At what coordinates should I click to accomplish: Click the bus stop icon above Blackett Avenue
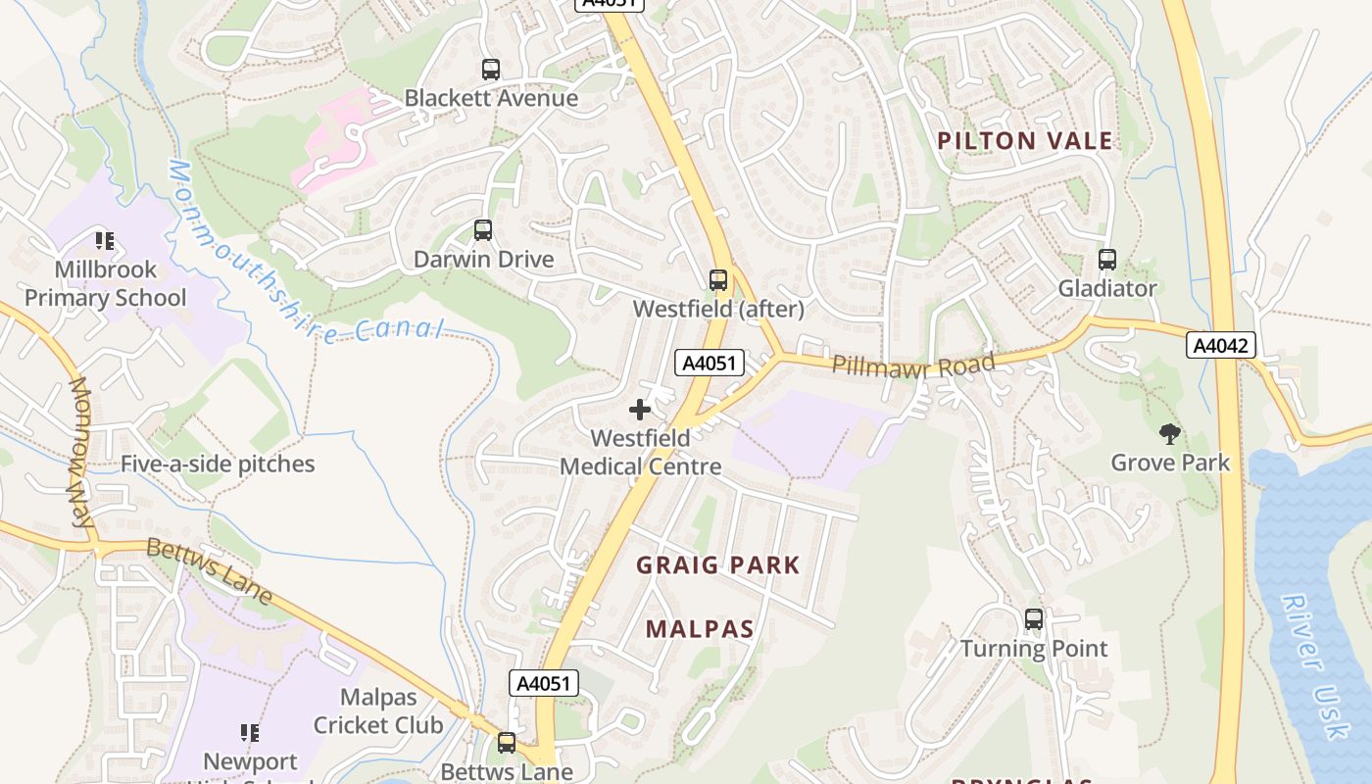[x=491, y=70]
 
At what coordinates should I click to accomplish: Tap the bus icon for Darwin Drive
[x=483, y=230]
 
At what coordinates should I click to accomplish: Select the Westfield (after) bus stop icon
[x=718, y=280]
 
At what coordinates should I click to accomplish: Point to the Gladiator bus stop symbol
[x=1107, y=260]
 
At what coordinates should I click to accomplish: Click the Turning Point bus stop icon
[x=1034, y=619]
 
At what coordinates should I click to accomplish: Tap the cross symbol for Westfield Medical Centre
[x=640, y=409]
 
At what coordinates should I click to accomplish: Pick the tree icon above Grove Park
[x=1169, y=433]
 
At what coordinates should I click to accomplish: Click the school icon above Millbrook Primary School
[x=105, y=240]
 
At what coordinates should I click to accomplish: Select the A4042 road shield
[x=1220, y=345]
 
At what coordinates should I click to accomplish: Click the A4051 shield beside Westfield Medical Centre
[x=710, y=363]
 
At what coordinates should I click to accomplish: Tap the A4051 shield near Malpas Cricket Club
[x=544, y=683]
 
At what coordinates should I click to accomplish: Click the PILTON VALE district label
[x=1024, y=141]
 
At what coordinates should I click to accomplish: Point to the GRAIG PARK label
[x=718, y=565]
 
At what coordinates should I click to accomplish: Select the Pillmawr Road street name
[x=913, y=364]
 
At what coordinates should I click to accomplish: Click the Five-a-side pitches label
[x=218, y=465]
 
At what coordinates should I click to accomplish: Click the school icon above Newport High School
[x=250, y=732]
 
